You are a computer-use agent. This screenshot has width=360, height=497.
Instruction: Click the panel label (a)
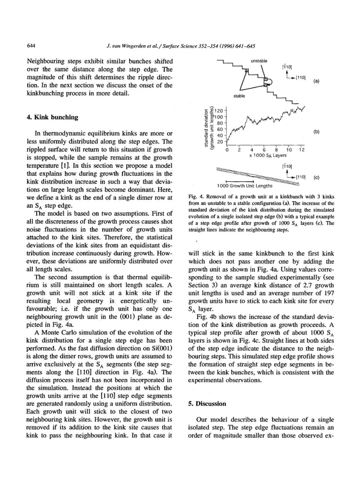point(317,81)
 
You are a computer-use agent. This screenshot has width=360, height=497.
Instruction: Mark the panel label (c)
point(317,177)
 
